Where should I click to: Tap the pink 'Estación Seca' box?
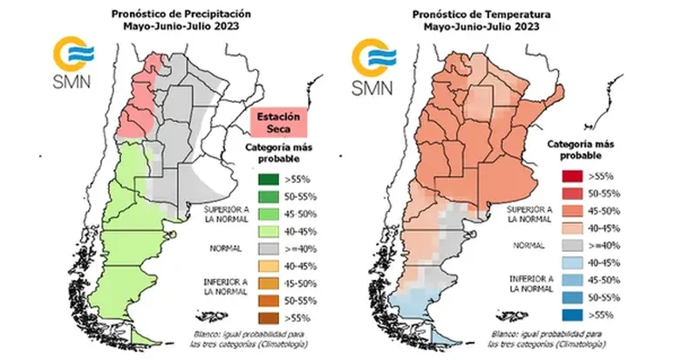(276, 123)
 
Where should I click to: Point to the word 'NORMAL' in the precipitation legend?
(222, 248)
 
